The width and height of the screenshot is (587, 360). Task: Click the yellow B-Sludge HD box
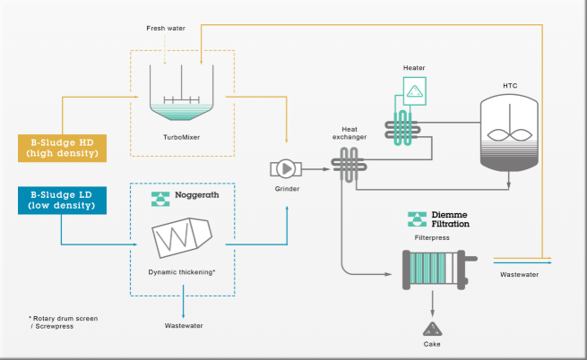pyautogui.click(x=62, y=148)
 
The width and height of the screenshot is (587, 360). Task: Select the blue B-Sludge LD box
pyautogui.click(x=62, y=201)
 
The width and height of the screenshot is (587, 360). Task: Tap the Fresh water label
pyautogui.click(x=166, y=28)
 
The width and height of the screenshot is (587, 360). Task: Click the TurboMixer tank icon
pyautogui.click(x=182, y=92)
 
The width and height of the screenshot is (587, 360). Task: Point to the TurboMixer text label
pyautogui.click(x=182, y=137)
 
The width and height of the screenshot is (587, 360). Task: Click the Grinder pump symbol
pyautogui.click(x=286, y=168)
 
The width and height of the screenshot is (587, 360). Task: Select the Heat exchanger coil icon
pyautogui.click(x=349, y=165)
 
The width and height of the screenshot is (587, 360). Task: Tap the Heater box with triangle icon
pyautogui.click(x=414, y=91)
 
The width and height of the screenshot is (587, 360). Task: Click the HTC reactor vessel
pyautogui.click(x=509, y=133)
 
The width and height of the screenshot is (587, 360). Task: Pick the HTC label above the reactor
pyautogui.click(x=510, y=86)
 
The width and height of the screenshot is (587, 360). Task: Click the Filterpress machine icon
pyautogui.click(x=439, y=270)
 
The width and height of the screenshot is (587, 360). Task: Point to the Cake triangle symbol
pyautogui.click(x=432, y=330)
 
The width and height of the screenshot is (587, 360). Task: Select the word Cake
pyautogui.click(x=432, y=344)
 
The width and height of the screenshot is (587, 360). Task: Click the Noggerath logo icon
pyautogui.click(x=160, y=199)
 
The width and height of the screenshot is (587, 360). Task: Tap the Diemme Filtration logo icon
pyautogui.click(x=417, y=219)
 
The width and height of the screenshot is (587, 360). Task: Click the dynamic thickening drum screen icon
pyautogui.click(x=182, y=237)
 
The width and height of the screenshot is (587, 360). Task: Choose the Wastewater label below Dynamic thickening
pyautogui.click(x=184, y=326)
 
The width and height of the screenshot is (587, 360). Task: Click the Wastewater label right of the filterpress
pyautogui.click(x=519, y=274)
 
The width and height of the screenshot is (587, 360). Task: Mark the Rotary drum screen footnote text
pyautogui.click(x=64, y=322)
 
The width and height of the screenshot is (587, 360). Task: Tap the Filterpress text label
pyautogui.click(x=432, y=237)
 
